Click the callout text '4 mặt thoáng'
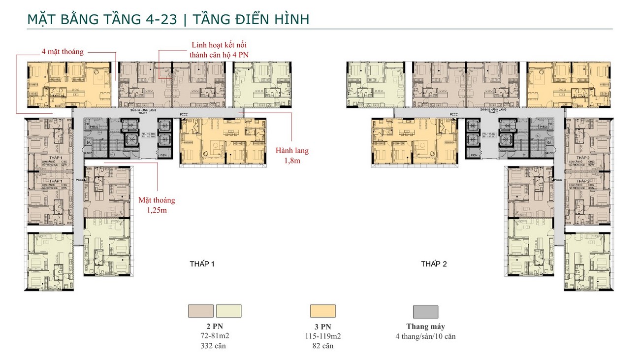[63, 51]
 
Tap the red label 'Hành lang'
[292, 151]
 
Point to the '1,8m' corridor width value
[292, 161]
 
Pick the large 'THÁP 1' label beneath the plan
[202, 264]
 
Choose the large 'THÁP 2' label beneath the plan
[434, 264]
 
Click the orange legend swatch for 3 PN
[322, 311]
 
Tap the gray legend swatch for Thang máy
[425, 311]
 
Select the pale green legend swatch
[229, 311]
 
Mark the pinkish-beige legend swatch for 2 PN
[201, 311]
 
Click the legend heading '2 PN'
[215, 327]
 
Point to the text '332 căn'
[215, 346]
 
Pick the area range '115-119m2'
[322, 336]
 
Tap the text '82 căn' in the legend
[322, 346]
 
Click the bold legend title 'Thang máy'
[425, 327]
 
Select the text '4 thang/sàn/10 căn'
[425, 336]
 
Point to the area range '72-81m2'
[215, 336]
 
